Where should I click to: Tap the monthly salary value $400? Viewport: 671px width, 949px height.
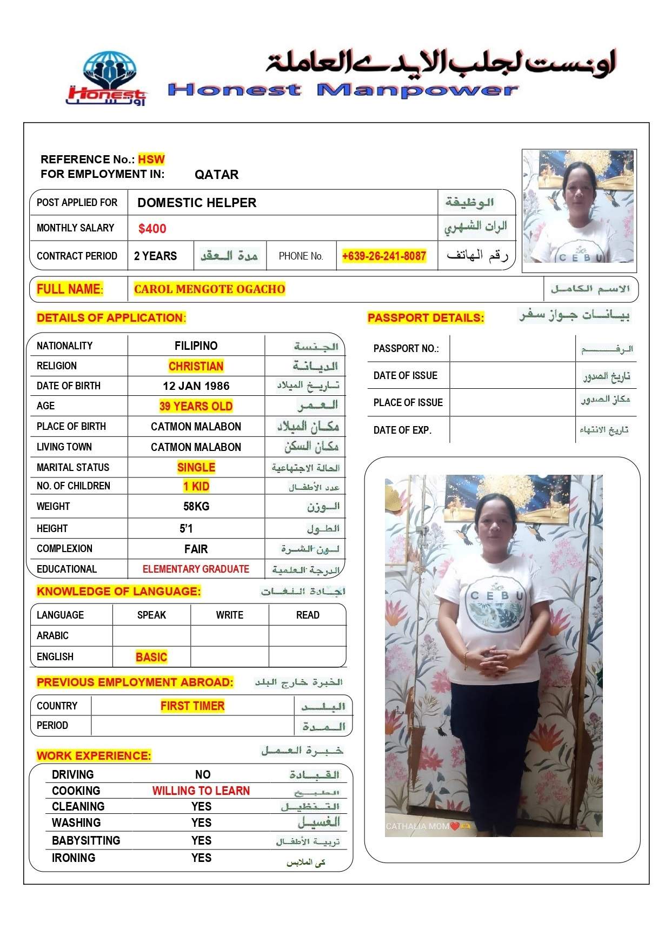click(152, 229)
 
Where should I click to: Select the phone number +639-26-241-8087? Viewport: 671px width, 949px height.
click(384, 256)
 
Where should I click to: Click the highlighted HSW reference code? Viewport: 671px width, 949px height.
click(151, 160)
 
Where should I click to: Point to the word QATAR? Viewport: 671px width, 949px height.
click(216, 175)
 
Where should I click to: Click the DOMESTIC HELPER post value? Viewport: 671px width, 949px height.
click(197, 203)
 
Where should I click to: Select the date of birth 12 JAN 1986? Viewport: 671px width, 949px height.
click(196, 386)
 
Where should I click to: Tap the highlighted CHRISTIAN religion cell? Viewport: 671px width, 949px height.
click(196, 366)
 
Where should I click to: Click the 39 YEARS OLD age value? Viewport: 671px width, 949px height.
click(196, 406)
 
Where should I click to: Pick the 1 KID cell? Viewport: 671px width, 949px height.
click(196, 486)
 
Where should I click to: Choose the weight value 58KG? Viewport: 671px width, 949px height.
click(196, 507)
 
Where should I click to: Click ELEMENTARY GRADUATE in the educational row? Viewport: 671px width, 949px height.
click(196, 569)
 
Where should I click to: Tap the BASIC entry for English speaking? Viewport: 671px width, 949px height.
click(151, 657)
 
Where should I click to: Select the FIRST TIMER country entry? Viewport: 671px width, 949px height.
click(192, 706)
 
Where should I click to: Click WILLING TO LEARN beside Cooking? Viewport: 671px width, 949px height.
click(201, 791)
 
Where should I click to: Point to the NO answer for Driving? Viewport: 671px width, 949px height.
click(203, 774)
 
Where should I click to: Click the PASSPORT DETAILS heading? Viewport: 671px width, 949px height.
click(426, 318)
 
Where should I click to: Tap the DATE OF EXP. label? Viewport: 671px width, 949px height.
click(402, 430)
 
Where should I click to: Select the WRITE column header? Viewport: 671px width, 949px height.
click(229, 615)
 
